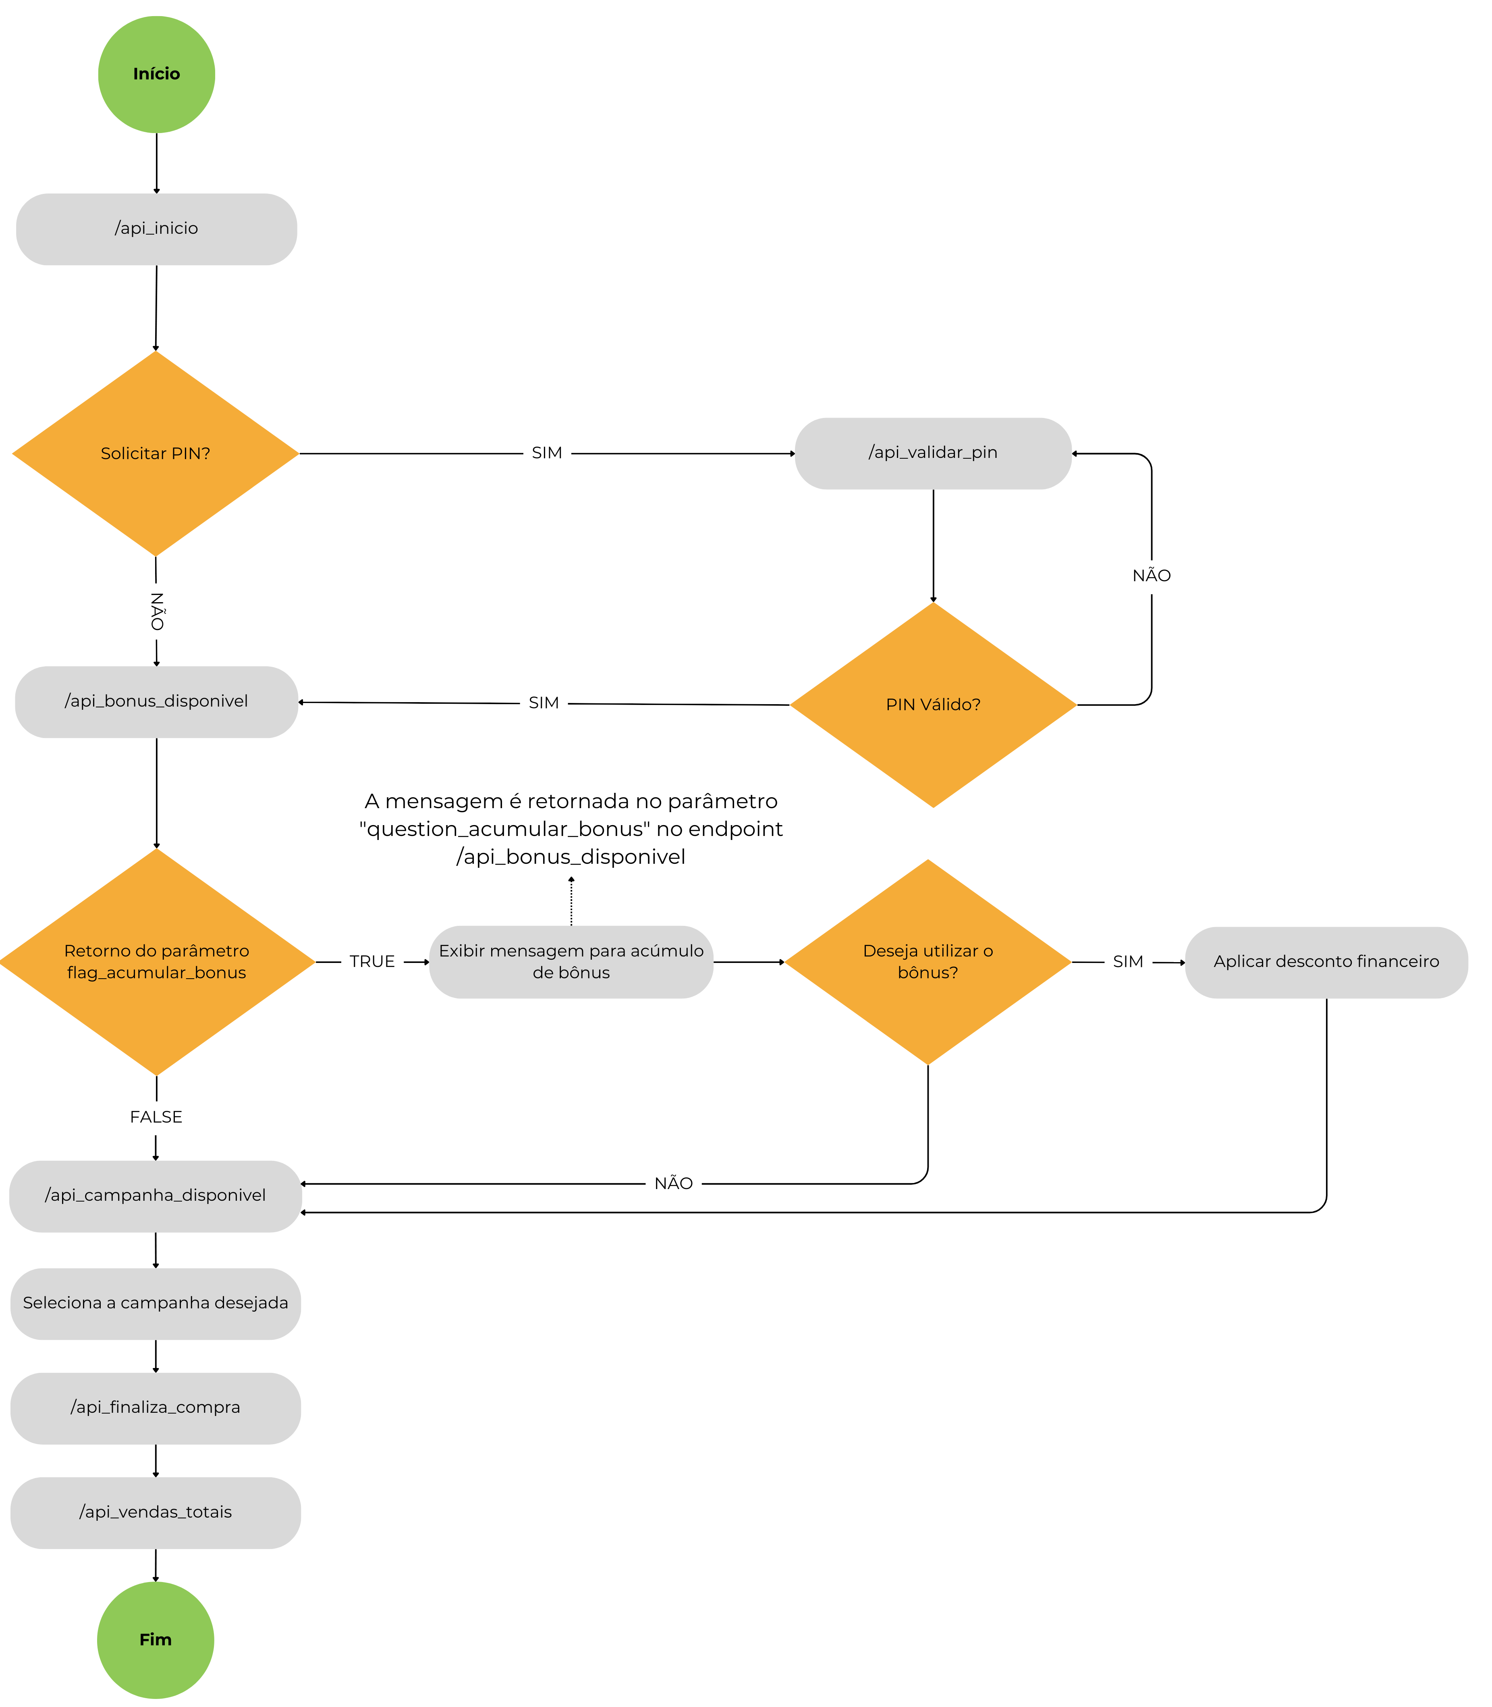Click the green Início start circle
[156, 74]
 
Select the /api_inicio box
[156, 229]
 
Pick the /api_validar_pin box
[933, 453]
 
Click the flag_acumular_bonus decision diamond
[156, 962]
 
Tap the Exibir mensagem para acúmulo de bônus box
[571, 962]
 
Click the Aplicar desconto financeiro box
[1326, 962]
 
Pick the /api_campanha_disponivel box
[156, 1196]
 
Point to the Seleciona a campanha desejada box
[156, 1303]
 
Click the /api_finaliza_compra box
[156, 1408]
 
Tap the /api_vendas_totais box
[156, 1512]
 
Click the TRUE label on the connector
[372, 962]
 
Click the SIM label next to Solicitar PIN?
[547, 453]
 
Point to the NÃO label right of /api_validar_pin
[1152, 576]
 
